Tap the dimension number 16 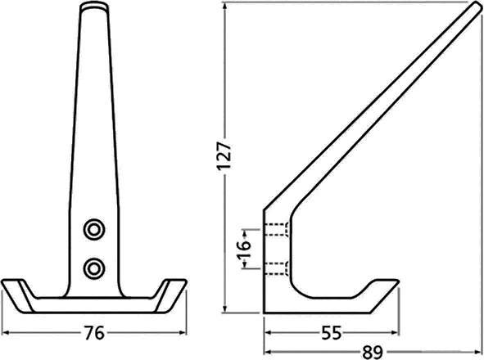pos(242,248)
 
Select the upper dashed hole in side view pos(276,228)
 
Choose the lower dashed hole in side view pos(276,266)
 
